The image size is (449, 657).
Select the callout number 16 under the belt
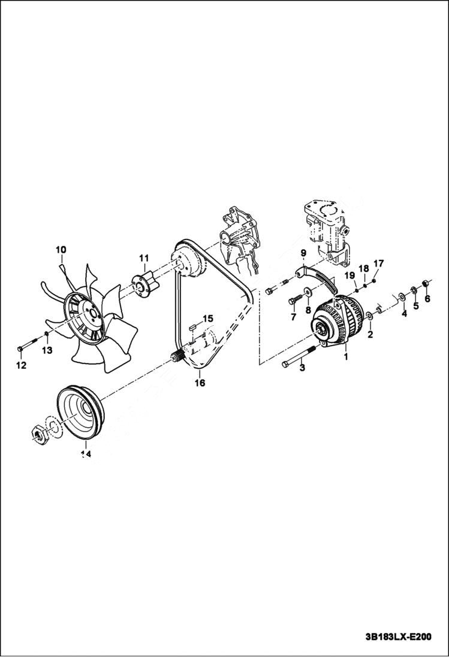tap(200, 382)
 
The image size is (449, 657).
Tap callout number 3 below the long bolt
tap(302, 368)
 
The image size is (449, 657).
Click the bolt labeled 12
tap(22, 347)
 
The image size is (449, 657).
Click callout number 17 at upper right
tap(378, 264)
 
